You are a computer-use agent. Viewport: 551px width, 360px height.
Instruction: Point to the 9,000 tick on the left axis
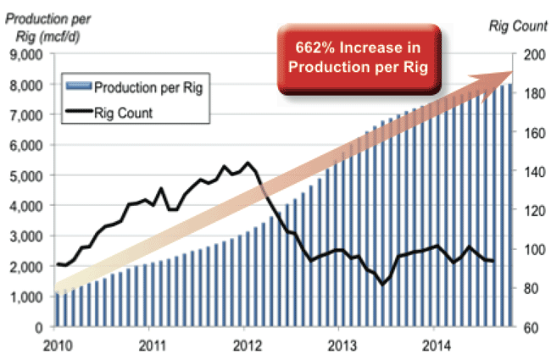pos(29,55)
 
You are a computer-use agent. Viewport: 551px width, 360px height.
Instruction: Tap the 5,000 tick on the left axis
pos(29,176)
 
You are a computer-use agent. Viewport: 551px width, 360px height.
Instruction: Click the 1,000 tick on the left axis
pos(29,296)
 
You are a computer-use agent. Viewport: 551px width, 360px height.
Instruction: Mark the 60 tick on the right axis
pos(530,327)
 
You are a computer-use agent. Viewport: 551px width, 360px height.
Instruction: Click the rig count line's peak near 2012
pos(248,163)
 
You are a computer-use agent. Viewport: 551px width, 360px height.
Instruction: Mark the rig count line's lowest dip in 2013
pos(383,284)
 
